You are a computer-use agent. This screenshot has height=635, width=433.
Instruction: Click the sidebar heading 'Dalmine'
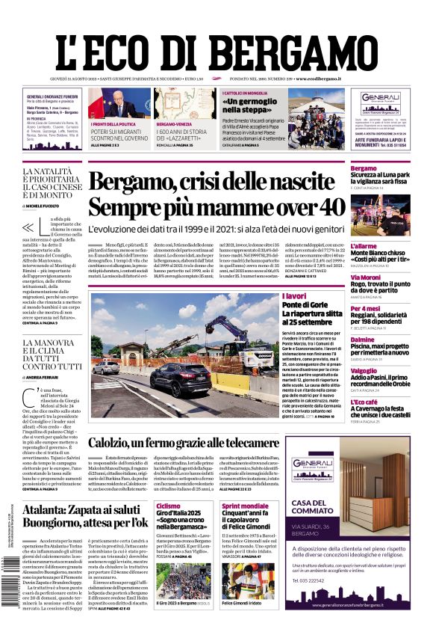pos(364,340)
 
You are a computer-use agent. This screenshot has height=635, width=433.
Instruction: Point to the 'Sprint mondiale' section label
pos(245,506)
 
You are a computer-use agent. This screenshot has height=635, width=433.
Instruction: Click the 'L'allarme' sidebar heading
pos(364,246)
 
